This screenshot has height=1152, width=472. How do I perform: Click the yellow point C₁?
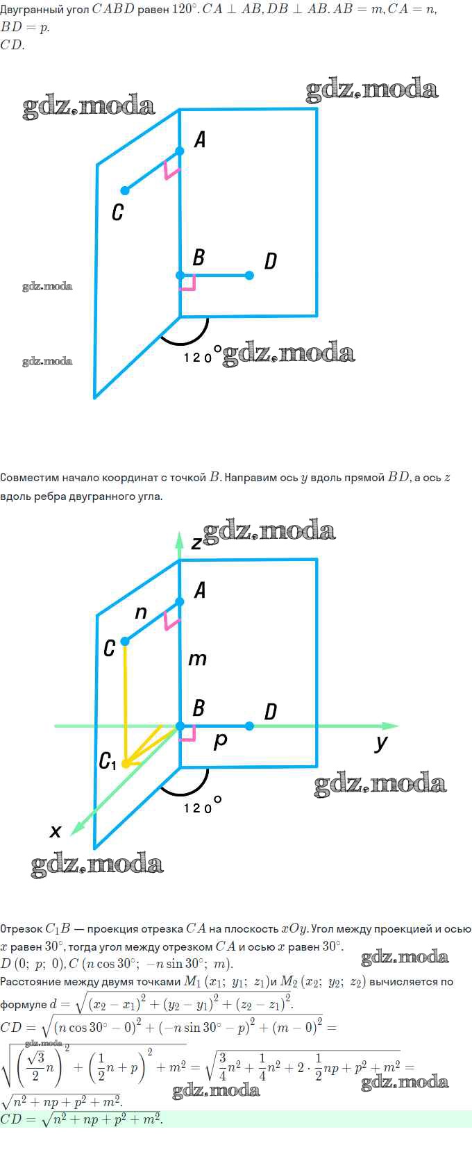[x=125, y=764]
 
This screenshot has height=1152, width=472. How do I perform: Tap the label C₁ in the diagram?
[x=108, y=760]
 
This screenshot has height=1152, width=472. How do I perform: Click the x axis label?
[x=56, y=831]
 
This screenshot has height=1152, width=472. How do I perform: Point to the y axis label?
[x=381, y=743]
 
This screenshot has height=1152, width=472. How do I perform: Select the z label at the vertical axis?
[x=196, y=542]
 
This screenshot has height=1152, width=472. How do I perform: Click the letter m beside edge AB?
[x=197, y=659]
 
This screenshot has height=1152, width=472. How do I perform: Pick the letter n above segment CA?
[x=141, y=612]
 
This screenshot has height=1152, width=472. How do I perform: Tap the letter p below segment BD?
[x=220, y=742]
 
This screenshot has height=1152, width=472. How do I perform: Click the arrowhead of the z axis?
[x=180, y=538]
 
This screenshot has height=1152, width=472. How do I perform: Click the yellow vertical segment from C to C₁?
[x=125, y=703]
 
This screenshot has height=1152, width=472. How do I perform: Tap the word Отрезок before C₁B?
[x=21, y=929]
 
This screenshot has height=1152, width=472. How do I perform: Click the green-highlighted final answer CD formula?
[x=81, y=1119]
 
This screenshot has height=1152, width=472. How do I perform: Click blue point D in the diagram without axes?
[x=249, y=275]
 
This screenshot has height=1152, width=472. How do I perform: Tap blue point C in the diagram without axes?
[x=125, y=190]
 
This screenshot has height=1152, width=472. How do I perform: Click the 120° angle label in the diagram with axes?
[x=202, y=806]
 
